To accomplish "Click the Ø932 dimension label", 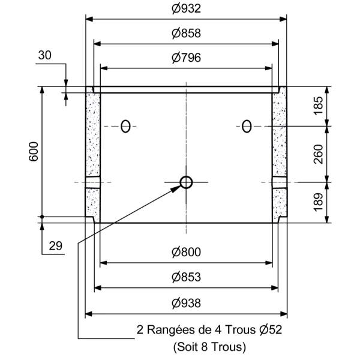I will click(185, 9).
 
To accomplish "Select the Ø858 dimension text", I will click(185, 34).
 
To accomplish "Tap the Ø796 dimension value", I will click(185, 58).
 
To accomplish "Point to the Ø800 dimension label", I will click(185, 253).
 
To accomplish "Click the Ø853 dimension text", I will click(185, 277).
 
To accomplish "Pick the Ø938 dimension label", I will click(185, 303).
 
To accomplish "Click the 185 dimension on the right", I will click(335, 106).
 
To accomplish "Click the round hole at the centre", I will click(186, 182).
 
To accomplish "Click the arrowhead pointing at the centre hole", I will click(176, 188).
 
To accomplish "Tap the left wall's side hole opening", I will click(92, 182).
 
